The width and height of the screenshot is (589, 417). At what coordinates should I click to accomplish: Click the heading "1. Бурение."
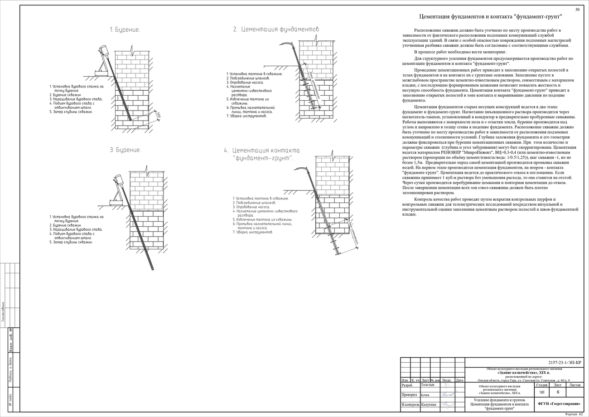point(125,30)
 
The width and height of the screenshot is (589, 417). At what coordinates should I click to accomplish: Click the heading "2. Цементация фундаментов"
point(276,29)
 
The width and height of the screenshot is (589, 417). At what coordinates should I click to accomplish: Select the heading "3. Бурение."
point(125,150)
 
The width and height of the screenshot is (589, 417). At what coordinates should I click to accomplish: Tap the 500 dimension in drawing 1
point(158,115)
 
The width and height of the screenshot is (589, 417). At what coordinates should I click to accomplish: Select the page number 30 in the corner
point(577,10)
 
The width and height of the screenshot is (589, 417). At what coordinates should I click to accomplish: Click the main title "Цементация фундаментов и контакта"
point(491,17)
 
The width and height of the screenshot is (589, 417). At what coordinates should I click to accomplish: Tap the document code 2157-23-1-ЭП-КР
point(564,363)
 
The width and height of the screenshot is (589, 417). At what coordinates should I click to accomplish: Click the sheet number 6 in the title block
point(558,392)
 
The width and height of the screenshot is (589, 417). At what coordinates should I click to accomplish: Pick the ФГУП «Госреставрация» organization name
point(559,403)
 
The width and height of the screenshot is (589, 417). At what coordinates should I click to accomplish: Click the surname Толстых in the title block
point(428,385)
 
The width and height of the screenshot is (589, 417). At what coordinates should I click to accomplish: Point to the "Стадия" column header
point(541,385)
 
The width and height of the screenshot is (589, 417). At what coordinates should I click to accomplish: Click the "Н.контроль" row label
point(410,405)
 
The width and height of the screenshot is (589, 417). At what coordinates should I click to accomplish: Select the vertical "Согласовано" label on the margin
point(3,311)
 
